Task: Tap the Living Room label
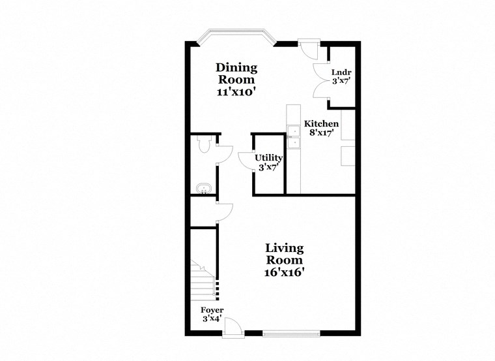point(284,253)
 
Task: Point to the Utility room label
point(268,157)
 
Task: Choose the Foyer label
point(212,310)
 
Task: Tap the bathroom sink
point(203,190)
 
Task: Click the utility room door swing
point(245,161)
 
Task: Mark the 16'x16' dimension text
point(284,273)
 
